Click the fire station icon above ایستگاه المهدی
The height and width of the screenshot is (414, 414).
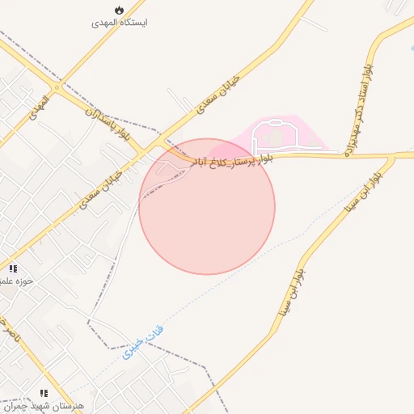pos(120,10)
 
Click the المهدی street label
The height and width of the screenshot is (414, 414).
pos(38,108)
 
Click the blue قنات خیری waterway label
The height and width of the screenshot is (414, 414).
pos(142,340)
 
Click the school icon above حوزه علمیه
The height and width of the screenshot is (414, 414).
pos(13,268)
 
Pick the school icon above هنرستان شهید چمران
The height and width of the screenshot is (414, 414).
pos(44,392)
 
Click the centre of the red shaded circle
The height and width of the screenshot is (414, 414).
pos(207,207)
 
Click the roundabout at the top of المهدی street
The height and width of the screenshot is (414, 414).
pos(56,87)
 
